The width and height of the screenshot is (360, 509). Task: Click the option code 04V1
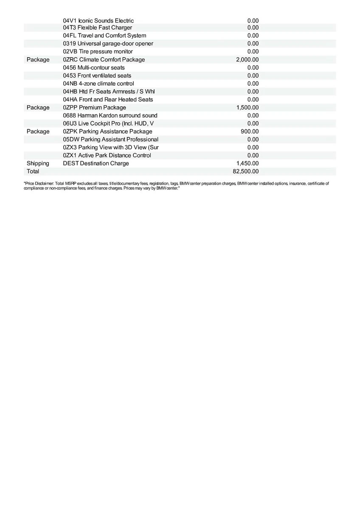click(70, 20)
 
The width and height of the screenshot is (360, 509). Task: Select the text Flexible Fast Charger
click(104, 28)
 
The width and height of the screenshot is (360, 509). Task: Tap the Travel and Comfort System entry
click(112, 36)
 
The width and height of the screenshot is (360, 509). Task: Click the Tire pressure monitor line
click(106, 52)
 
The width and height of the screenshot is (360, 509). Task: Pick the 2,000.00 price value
click(247, 60)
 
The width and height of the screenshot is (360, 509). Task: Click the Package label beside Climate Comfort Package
click(38, 60)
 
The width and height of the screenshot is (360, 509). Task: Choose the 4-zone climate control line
click(106, 84)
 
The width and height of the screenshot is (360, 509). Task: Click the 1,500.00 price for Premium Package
click(247, 108)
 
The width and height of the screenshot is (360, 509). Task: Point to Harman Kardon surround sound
click(118, 115)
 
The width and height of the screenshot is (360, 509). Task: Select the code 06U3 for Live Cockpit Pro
click(70, 123)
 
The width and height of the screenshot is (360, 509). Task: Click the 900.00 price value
click(250, 131)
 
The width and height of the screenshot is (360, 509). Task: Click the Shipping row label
click(38, 163)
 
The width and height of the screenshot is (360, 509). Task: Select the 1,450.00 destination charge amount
click(247, 163)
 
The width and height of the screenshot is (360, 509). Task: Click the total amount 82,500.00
click(246, 171)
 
